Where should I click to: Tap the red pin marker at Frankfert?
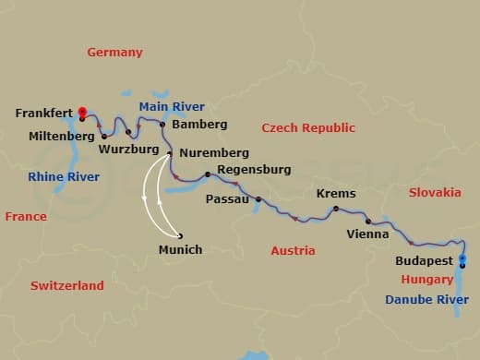(82, 113)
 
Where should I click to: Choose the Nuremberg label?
(215, 152)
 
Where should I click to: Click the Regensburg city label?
(254, 169)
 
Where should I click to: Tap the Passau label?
(227, 198)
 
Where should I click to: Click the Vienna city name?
(366, 234)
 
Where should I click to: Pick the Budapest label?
(424, 261)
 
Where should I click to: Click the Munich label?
(180, 249)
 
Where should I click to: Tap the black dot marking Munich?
(180, 234)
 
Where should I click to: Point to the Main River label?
(172, 106)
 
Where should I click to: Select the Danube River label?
(426, 299)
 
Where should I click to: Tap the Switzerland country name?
(67, 286)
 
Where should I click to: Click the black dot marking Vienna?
(367, 222)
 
